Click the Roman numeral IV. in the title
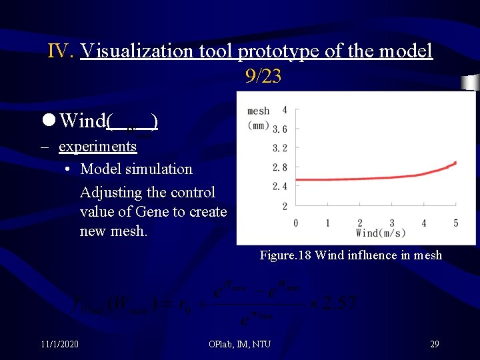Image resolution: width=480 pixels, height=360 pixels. coord(61,51)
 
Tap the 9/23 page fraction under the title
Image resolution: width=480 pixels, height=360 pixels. coord(263,77)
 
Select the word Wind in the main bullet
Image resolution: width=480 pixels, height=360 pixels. coord(83,121)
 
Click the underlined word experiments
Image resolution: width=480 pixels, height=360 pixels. coord(97,146)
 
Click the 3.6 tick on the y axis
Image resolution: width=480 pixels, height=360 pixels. coord(280,129)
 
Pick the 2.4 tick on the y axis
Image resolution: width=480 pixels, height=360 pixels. coord(280,186)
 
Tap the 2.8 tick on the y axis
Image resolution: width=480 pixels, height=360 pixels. coord(280,167)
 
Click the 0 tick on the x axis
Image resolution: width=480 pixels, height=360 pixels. coord(296,223)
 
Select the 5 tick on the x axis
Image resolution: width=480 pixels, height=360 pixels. coord(456,223)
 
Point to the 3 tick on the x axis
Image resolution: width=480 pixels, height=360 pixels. coord(392,223)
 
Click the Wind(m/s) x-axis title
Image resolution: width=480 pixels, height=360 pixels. coord(381,233)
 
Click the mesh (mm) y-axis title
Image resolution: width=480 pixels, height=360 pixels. coord(259,117)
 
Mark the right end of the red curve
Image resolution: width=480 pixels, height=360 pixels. coord(456,162)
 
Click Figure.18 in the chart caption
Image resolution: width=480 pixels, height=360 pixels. coord(285,255)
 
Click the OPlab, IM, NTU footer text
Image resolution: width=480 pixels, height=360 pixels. coord(239,344)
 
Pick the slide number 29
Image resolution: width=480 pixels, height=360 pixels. coord(434,344)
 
